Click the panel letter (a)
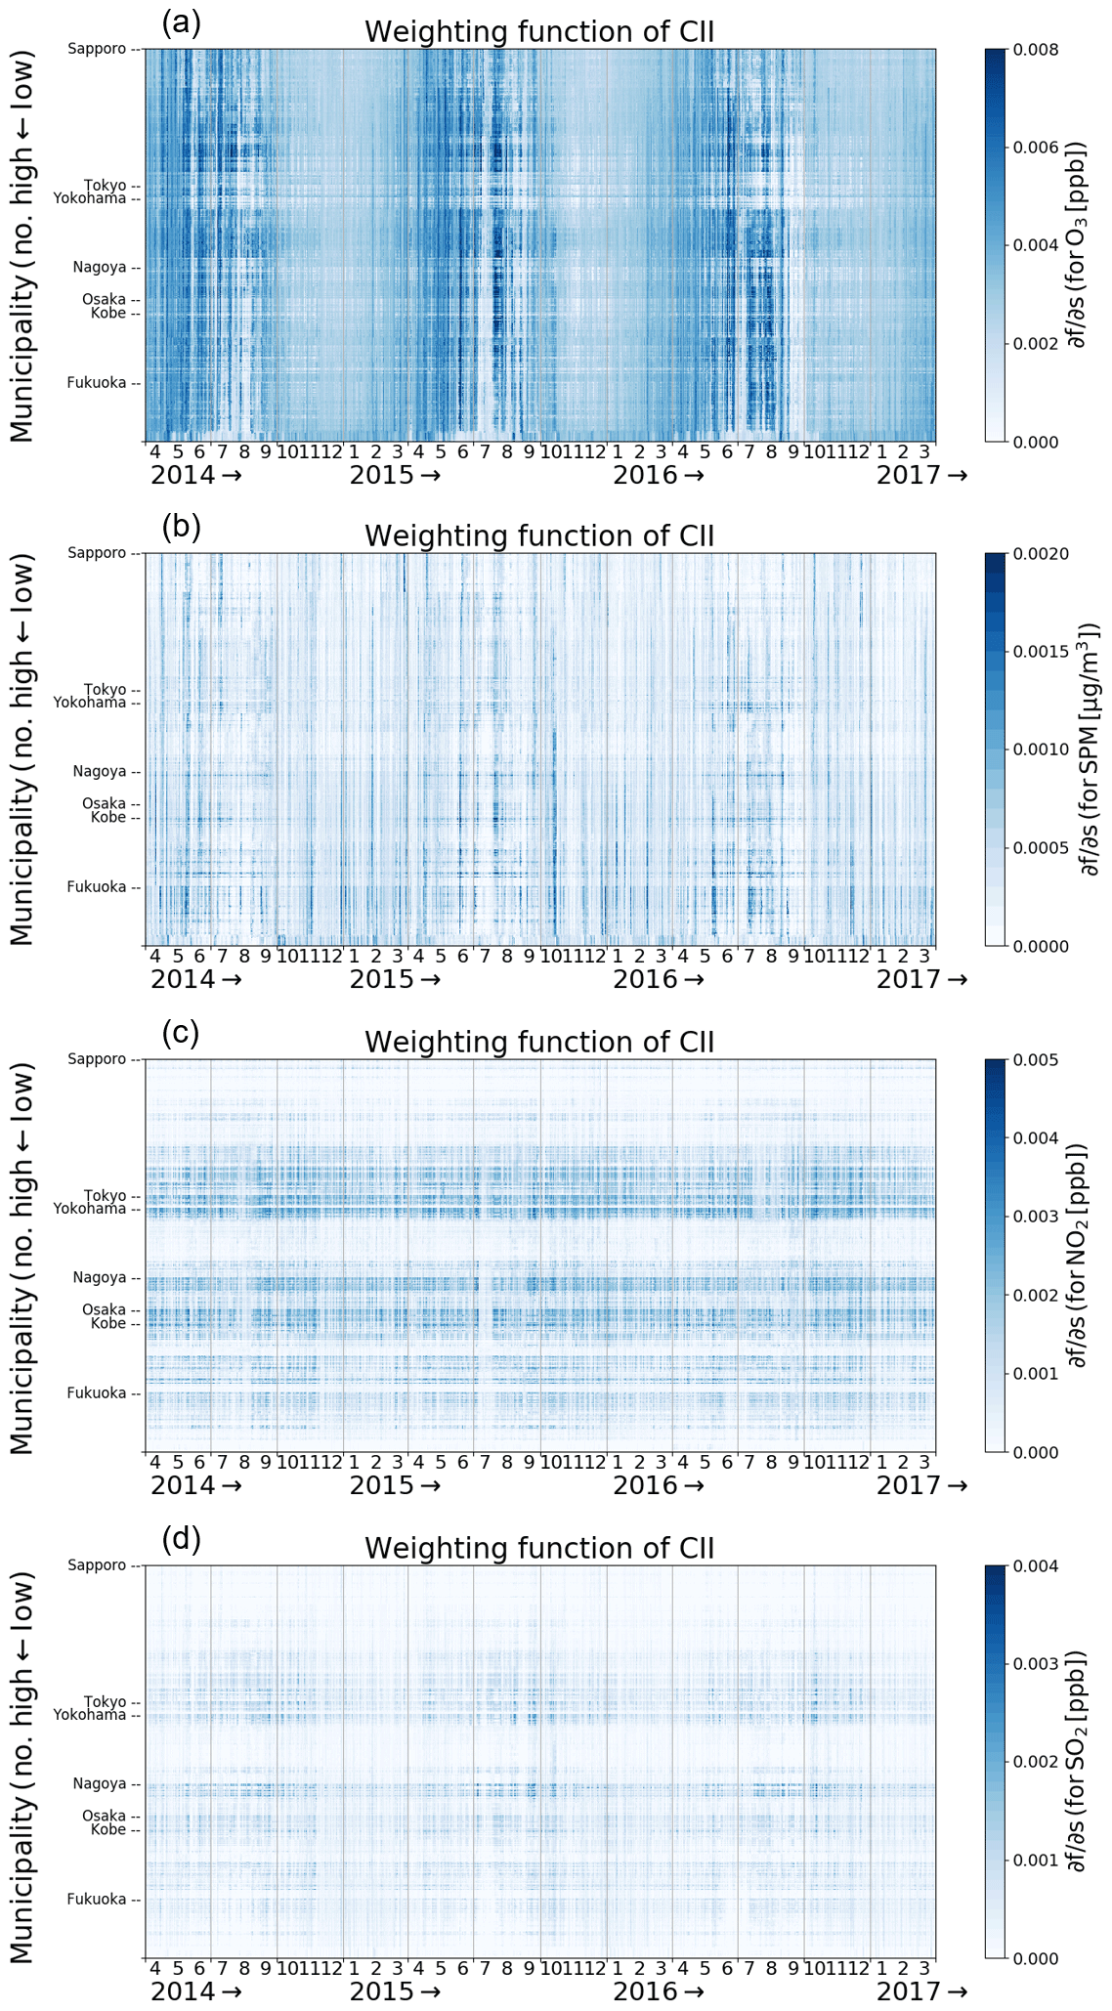point(181,21)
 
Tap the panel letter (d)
point(181,1540)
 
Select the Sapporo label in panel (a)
point(98,49)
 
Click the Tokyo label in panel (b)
point(105,690)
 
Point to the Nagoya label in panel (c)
point(100,1277)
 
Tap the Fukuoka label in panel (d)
point(97,1899)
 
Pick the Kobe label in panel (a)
point(108,313)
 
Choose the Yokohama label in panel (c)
point(90,1209)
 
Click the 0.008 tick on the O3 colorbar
point(1037,49)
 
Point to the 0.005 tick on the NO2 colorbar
point(1037,1060)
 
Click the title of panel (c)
point(539,1042)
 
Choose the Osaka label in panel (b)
point(105,804)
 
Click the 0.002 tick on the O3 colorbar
point(1037,343)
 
